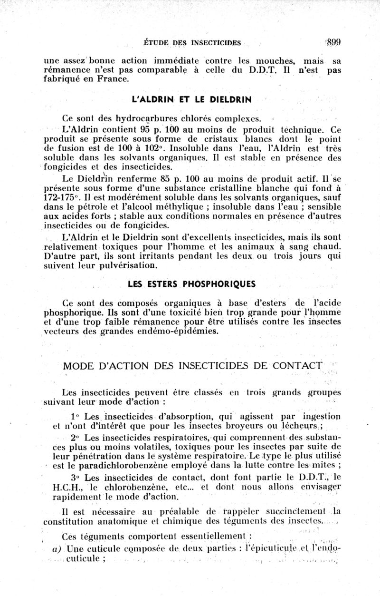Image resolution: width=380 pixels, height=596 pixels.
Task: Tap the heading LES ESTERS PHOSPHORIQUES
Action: (x=191, y=284)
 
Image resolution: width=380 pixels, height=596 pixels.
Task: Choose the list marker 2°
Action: (x=74, y=437)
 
